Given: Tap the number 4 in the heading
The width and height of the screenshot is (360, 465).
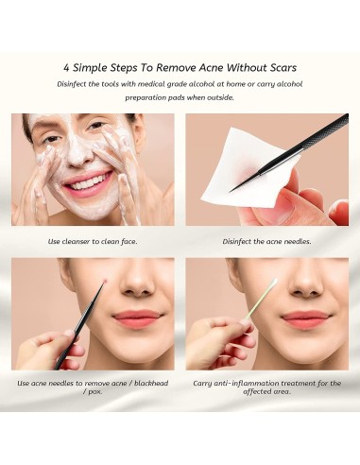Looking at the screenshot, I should (67, 68).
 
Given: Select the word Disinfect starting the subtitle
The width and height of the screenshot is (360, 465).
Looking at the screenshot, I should (74, 83).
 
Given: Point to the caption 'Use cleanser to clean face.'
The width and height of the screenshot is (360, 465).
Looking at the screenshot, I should (93, 241).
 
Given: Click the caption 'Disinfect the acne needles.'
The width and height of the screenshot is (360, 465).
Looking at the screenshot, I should (266, 241).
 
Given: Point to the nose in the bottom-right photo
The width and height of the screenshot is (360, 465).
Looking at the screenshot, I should (304, 281).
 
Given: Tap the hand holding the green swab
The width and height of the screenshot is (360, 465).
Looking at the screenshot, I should (217, 340).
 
